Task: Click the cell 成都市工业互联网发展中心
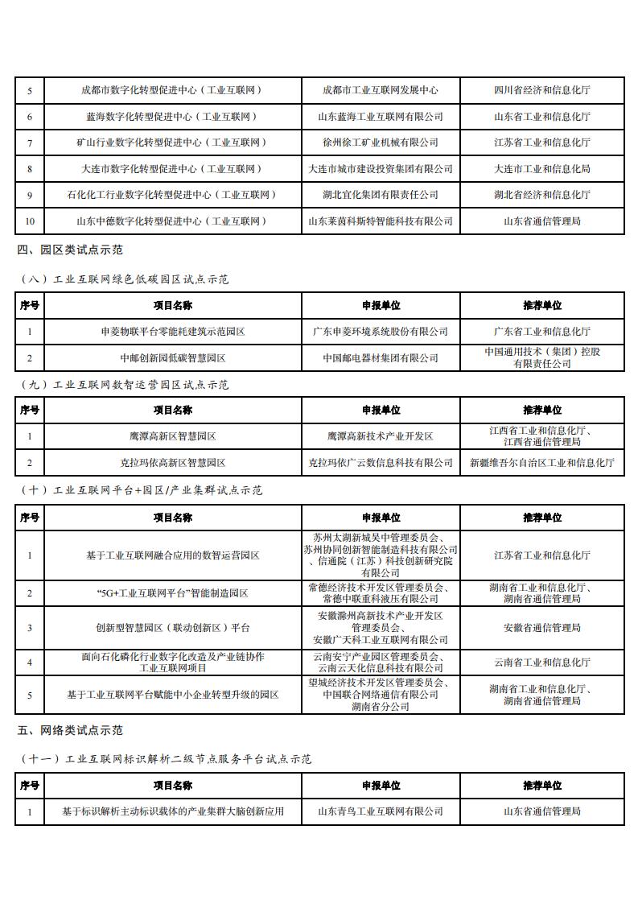(x=381, y=90)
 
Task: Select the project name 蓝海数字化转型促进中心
(x=173, y=117)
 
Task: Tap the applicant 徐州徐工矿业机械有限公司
(x=381, y=142)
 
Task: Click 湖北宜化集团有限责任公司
(x=381, y=195)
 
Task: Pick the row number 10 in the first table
(x=30, y=221)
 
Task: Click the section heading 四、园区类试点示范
(x=70, y=250)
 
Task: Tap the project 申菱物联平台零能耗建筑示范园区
(x=173, y=332)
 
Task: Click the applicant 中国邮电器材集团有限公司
(x=381, y=357)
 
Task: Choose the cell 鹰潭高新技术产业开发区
(x=381, y=436)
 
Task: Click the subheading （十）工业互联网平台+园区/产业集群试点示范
(x=140, y=490)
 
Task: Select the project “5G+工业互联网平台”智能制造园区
(x=173, y=593)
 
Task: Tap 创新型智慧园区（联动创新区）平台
(x=173, y=628)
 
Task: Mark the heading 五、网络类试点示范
(x=70, y=730)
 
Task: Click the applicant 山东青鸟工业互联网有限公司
(x=381, y=811)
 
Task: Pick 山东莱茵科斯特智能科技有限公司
(x=381, y=221)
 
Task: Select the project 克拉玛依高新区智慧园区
(x=173, y=463)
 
